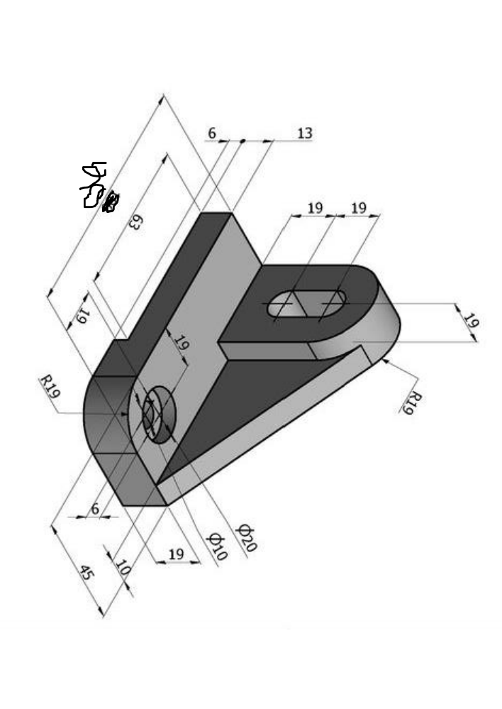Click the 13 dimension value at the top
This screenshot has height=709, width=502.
coord(304,133)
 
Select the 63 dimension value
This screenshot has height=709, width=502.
coord(135,221)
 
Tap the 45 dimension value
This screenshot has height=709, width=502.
coord(87,573)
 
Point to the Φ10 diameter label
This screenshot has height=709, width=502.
coord(216,546)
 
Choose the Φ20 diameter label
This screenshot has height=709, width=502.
coord(245,538)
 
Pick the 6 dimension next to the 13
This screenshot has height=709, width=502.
coord(212,133)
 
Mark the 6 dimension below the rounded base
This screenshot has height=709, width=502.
coord(95,508)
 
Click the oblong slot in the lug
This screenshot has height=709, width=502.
coord(308,305)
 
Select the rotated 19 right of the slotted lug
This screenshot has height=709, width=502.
coord(470,320)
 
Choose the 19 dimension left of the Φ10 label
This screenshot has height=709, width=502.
coord(176,554)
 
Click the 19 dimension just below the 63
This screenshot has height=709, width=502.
coord(82,315)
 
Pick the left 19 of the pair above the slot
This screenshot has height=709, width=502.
coord(315,208)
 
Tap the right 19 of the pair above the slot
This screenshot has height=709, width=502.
coord(359,208)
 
